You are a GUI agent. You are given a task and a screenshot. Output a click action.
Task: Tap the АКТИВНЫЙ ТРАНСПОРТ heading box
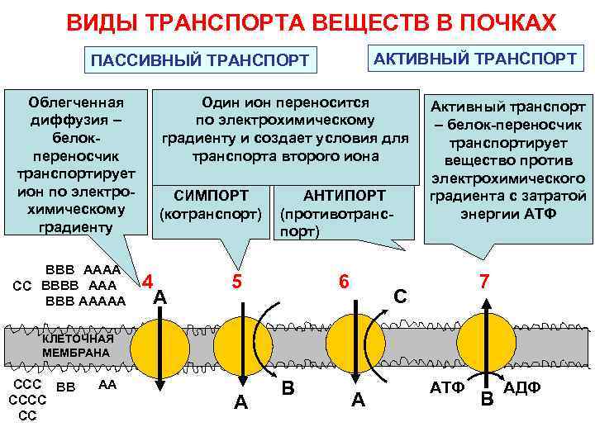[475, 59]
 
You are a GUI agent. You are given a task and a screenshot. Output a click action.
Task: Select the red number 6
[342, 281]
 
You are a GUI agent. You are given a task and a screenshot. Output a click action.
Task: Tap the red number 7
[483, 281]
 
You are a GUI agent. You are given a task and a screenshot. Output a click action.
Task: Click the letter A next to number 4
[161, 297]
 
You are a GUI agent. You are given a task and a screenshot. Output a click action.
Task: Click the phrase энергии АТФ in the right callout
[506, 214]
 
